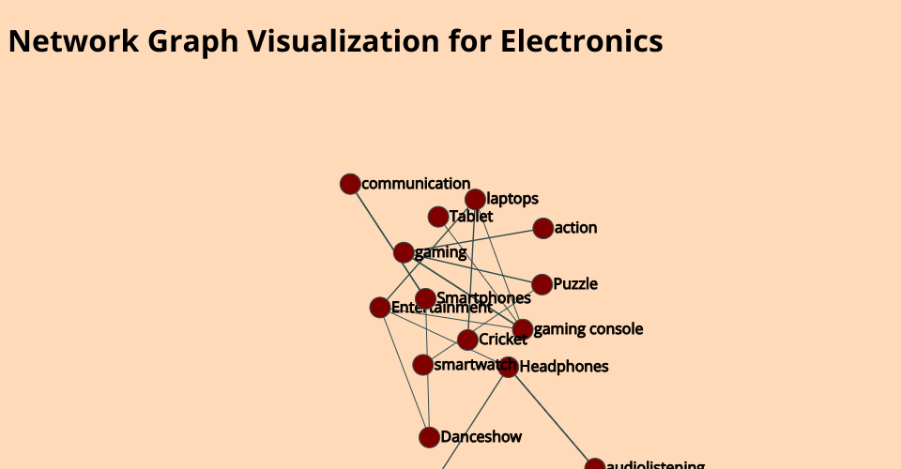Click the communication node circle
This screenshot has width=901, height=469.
pyautogui.click(x=350, y=184)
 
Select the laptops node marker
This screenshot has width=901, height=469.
pyautogui.click(x=475, y=199)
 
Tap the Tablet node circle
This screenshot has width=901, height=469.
pyautogui.click(x=438, y=217)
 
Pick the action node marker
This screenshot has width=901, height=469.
pyautogui.click(x=542, y=228)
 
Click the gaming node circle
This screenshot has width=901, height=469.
pyautogui.click(x=404, y=252)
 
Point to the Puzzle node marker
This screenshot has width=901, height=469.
pyautogui.click(x=542, y=284)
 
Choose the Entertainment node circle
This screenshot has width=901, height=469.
pyautogui.click(x=380, y=308)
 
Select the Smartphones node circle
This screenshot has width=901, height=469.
pyautogui.click(x=425, y=298)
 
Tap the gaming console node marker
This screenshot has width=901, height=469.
pyautogui.click(x=523, y=329)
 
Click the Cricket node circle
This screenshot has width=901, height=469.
pyautogui.click(x=467, y=340)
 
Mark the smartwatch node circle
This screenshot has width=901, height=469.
pyautogui.click(x=423, y=364)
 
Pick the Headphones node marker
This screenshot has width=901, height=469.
pyautogui.click(x=509, y=367)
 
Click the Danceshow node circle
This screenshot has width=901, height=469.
pyautogui.click(x=429, y=437)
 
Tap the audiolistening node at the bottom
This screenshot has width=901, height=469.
pyautogui.click(x=595, y=465)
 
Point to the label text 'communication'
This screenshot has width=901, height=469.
pyautogui.click(x=416, y=184)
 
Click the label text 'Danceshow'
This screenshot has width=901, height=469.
pyautogui.click(x=481, y=437)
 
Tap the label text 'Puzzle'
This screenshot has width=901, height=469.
pyautogui.click(x=575, y=284)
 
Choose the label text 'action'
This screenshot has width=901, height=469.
pyautogui.click(x=575, y=228)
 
